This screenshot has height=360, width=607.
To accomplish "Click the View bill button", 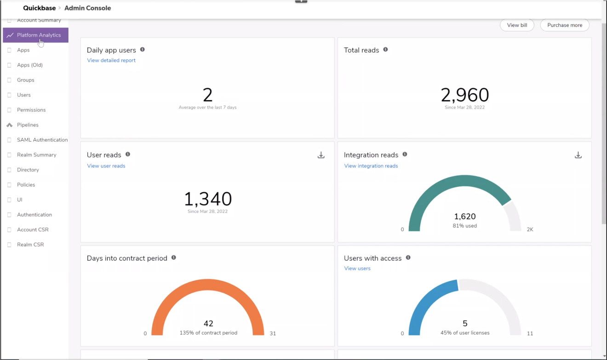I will coord(517,25).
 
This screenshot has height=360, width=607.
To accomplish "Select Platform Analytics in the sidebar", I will coord(39,35).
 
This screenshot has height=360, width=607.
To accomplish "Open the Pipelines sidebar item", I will coord(28,125).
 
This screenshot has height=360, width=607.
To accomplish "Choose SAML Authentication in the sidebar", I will coord(42,140).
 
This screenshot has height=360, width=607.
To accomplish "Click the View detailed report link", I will coord(111,60).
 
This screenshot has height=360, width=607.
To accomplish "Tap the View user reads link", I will coord(106,166).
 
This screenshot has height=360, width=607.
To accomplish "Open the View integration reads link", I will coord(371,166).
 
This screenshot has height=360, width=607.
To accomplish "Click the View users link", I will coord(357,269).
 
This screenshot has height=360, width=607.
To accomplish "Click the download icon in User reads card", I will coord(321,155).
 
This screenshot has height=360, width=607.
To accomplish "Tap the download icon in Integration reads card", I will coord(578,155).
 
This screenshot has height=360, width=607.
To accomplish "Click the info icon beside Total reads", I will coord(385,50).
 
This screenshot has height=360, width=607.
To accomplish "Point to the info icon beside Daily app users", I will coord(142,50).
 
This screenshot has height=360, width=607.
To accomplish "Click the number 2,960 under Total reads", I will coord(464,95).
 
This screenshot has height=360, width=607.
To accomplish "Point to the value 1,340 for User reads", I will coord(208,199).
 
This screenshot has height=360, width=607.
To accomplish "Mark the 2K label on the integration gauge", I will coord(530,229).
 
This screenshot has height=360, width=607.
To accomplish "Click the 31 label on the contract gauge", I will coord(273,333).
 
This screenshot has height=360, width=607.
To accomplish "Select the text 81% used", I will coord(464,226).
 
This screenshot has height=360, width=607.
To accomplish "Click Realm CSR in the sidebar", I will coord(30,245).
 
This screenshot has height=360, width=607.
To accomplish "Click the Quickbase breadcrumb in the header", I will coord(40,8).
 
